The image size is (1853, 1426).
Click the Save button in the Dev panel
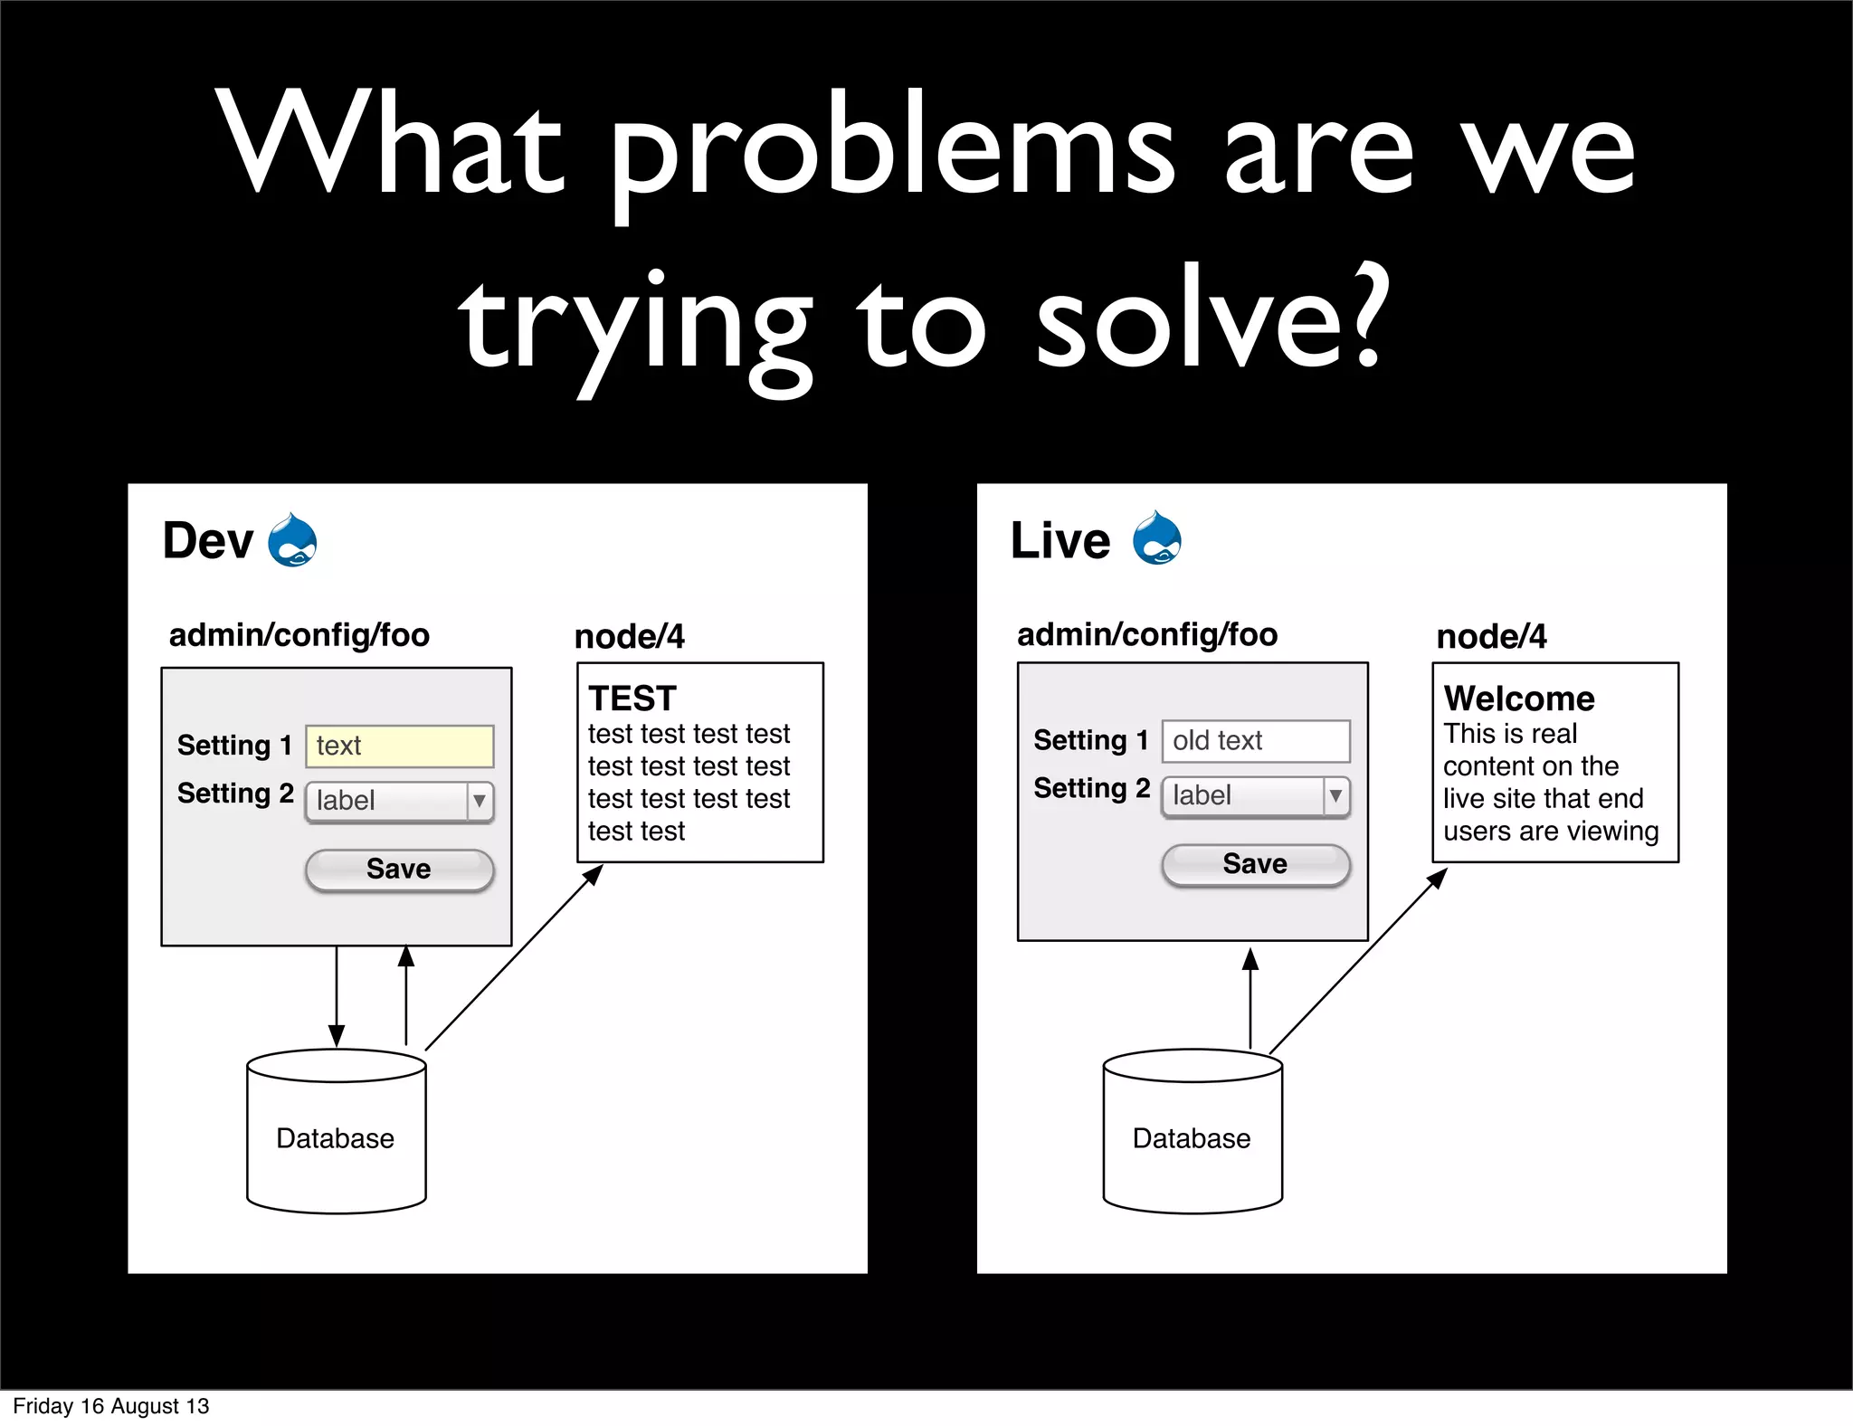click(399, 870)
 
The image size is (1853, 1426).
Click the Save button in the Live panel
click(1255, 864)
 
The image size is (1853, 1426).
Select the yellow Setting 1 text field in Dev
click(399, 746)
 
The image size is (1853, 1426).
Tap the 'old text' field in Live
click(1255, 741)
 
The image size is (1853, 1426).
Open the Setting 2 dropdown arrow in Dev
click(480, 801)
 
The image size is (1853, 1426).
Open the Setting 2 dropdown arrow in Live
click(1335, 796)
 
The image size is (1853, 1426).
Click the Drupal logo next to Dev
click(292, 540)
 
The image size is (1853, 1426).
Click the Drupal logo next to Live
click(1156, 538)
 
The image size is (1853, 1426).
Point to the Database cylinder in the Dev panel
click(336, 1131)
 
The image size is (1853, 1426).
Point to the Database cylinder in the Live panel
click(1192, 1131)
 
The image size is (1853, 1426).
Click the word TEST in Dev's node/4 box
click(632, 699)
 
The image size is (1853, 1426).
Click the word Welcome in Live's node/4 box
click(1519, 699)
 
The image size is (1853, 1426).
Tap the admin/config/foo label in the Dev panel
click(299, 635)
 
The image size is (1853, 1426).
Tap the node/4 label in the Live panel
click(1491, 637)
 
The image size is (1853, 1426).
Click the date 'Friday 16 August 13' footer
click(110, 1406)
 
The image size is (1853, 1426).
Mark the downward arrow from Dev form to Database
click(337, 995)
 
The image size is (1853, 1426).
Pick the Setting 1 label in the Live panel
click(1090, 740)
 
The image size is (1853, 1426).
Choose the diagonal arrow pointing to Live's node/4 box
click(1357, 961)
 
